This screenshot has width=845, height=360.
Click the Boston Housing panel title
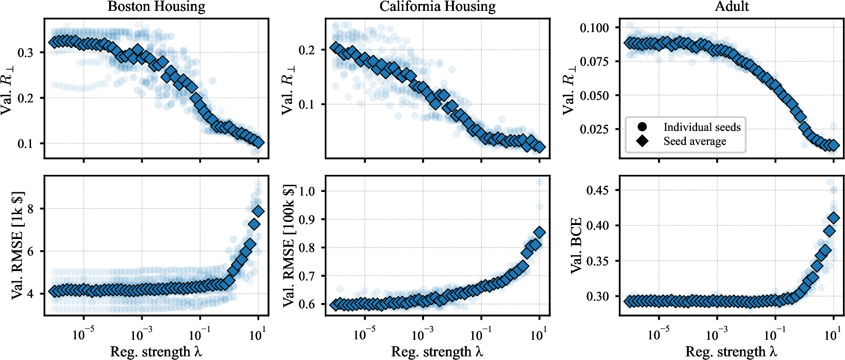pos(156,7)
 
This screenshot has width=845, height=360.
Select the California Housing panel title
pos(437,7)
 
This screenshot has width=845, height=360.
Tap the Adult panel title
pos(732,6)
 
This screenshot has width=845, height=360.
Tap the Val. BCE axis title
pos(576,245)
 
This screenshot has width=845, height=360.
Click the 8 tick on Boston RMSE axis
pos(29,208)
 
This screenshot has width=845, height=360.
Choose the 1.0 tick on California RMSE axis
pos(308,191)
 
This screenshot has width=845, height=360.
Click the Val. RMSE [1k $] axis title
pos(18,246)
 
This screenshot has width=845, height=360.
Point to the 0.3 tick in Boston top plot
pos(26,52)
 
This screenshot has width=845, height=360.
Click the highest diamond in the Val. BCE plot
pos(833,218)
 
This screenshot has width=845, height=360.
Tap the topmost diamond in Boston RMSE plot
pos(259,211)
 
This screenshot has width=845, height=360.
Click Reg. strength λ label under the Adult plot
pos(731,352)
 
